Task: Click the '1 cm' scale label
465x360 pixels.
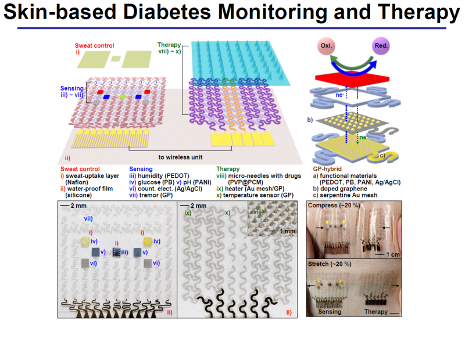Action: pos(390,253)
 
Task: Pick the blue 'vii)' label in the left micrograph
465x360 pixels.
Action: pos(89,218)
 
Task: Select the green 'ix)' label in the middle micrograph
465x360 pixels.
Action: pos(188,213)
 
